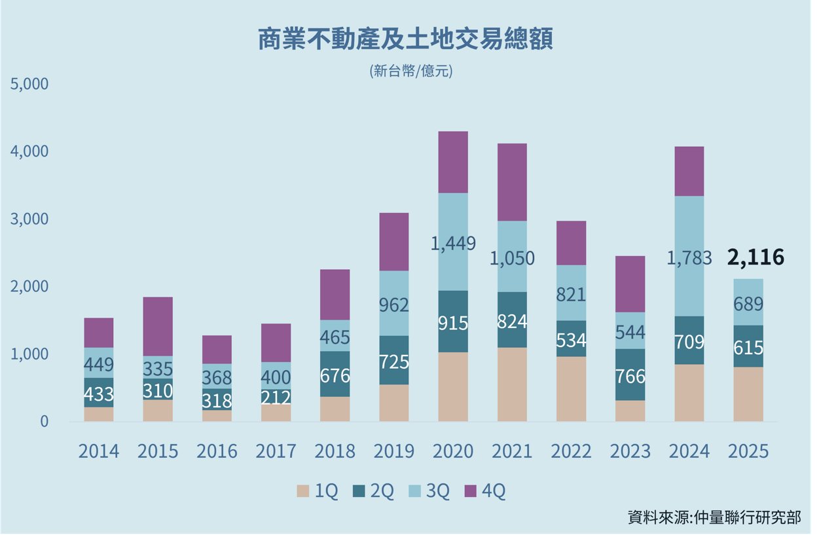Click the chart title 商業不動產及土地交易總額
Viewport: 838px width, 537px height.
405,39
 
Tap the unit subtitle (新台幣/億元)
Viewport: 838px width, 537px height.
410,71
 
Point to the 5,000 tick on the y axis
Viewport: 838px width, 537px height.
29,84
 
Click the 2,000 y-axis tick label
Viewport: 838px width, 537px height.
29,286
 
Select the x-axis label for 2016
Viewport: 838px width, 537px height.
217,451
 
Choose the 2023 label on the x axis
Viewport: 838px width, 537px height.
630,451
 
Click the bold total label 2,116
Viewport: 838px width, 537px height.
756,257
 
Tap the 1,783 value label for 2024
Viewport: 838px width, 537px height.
689,258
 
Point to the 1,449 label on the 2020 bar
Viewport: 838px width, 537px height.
453,243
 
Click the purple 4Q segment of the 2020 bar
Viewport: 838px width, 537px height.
453,162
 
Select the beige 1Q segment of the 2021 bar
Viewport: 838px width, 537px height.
512,384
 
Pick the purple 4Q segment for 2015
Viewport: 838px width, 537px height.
158,326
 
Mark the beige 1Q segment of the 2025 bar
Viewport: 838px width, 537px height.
748,394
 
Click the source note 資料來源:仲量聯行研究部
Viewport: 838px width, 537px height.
714,517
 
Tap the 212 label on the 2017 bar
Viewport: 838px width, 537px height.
276,398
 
